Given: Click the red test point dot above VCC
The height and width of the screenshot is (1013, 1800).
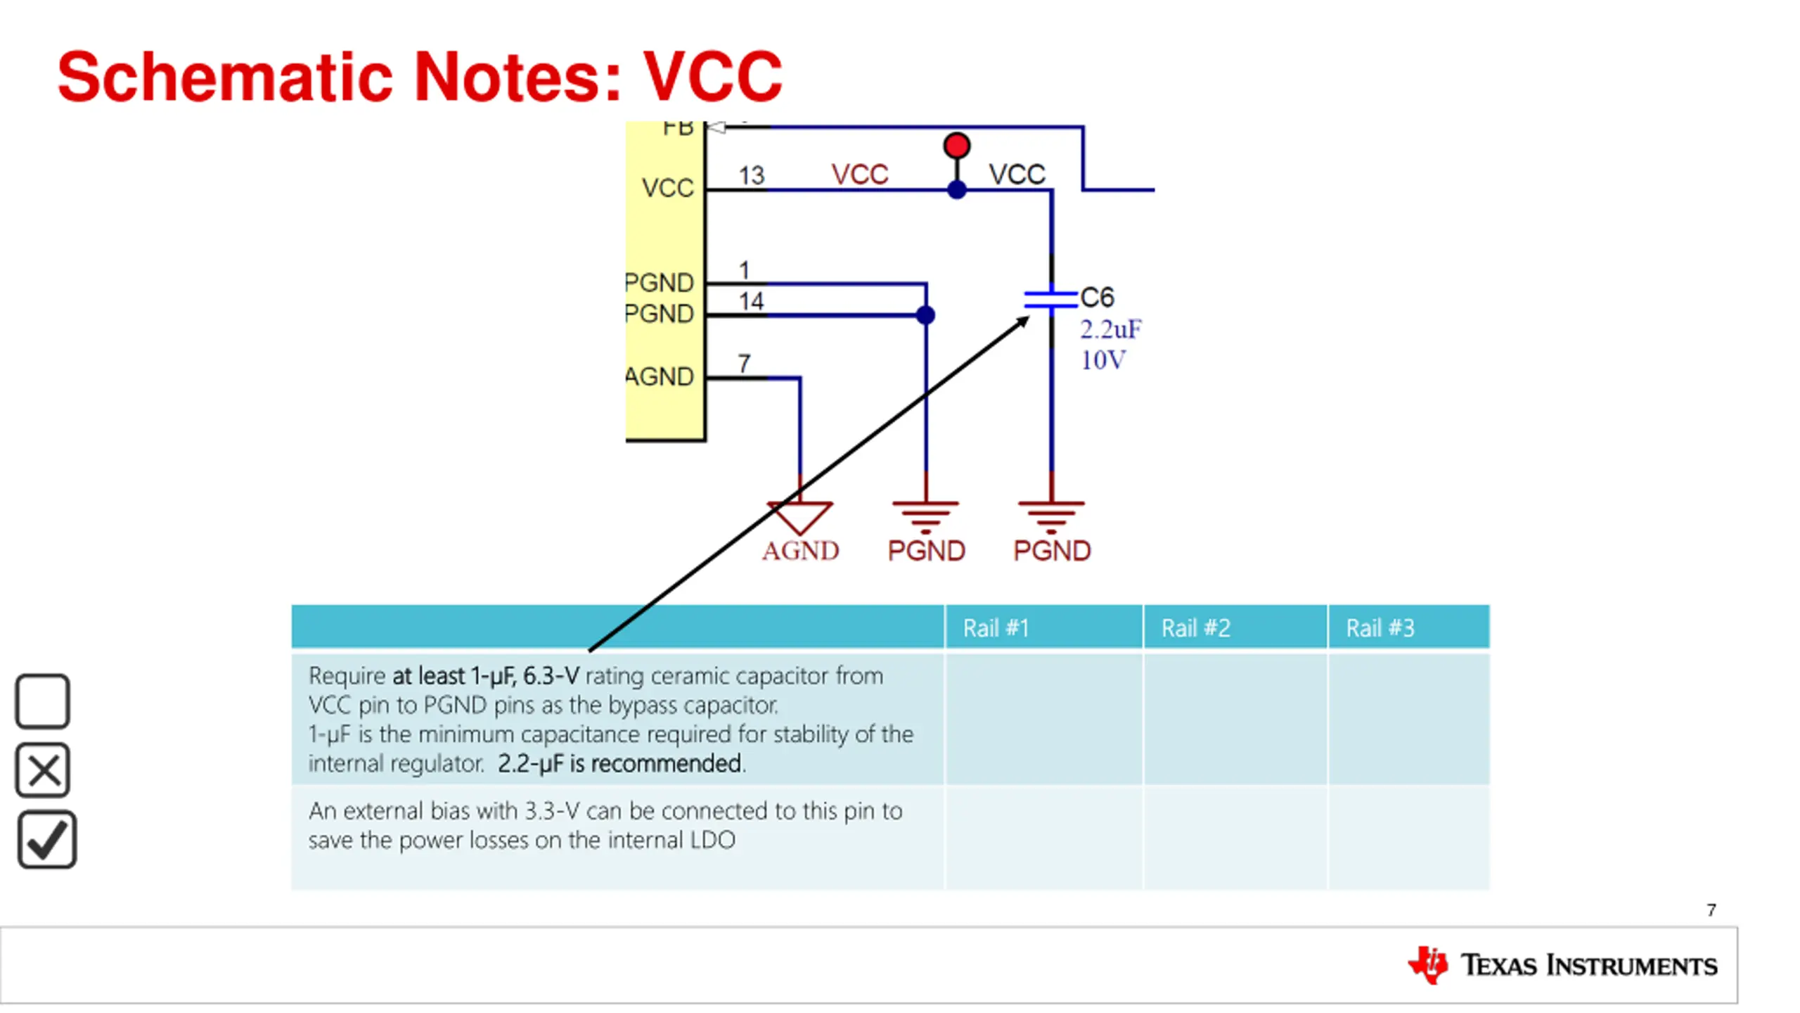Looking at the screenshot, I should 956,146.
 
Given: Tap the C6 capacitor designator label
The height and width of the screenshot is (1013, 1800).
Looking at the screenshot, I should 1097,298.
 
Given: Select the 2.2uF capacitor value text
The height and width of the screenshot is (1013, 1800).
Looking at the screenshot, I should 1110,329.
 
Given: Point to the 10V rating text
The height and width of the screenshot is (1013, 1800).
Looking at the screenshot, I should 1102,360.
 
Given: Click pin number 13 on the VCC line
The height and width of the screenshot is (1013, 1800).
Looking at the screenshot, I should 751,175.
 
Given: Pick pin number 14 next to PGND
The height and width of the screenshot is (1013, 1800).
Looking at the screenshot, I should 751,301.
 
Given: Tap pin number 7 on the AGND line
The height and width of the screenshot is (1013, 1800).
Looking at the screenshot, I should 744,363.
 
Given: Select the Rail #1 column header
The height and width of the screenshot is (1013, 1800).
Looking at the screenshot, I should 996,627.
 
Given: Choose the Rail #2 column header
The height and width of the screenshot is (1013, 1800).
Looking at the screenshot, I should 1195,627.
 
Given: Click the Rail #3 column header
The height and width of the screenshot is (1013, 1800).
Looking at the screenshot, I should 1380,627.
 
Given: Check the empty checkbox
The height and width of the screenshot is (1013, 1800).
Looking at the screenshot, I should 42,701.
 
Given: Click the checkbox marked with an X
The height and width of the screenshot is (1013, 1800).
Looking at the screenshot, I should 42,770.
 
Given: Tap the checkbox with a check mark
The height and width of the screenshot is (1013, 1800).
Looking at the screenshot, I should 46,840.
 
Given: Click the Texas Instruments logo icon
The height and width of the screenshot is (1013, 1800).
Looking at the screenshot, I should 1427,964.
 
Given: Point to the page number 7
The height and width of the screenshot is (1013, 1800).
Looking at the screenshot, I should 1711,910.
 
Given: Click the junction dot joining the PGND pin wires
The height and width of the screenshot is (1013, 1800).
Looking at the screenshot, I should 925,315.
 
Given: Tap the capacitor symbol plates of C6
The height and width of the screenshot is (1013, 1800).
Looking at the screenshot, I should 1050,300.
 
